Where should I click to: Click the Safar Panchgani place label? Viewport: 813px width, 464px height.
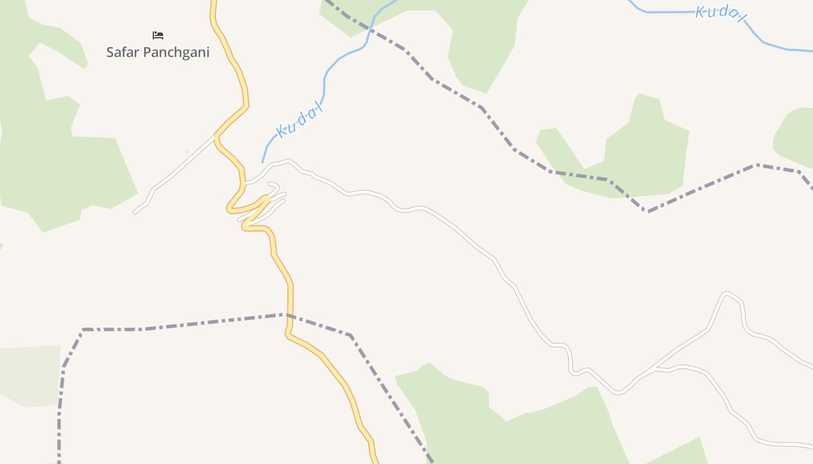pyautogui.click(x=157, y=52)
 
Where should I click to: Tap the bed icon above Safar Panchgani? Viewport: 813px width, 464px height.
pyautogui.click(x=157, y=35)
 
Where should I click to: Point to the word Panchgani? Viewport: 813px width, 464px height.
pyautogui.click(x=176, y=53)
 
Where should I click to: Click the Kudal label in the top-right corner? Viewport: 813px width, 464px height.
pyautogui.click(x=720, y=13)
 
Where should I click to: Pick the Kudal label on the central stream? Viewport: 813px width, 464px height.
pyautogui.click(x=300, y=122)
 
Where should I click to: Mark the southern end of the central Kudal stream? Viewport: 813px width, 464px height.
pyautogui.click(x=262, y=162)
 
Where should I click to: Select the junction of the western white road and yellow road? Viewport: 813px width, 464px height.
pyautogui.click(x=216, y=136)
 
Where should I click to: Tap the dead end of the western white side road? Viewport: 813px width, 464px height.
pyautogui.click(x=135, y=212)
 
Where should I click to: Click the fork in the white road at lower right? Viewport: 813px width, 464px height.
pyautogui.click(x=655, y=368)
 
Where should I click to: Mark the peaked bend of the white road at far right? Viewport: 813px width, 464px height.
pyautogui.click(x=726, y=293)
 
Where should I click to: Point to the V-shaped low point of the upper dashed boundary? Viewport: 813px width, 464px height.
pyautogui.click(x=648, y=211)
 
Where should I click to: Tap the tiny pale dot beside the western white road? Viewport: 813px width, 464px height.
pyautogui.click(x=186, y=152)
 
